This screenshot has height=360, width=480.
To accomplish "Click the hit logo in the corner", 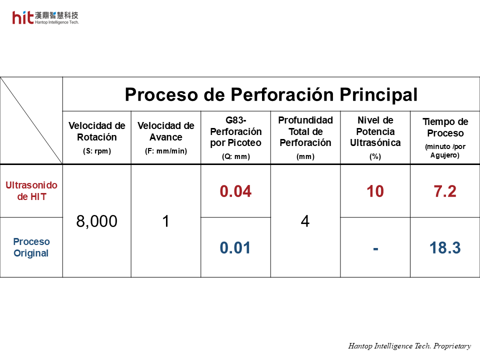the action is coord(45,18).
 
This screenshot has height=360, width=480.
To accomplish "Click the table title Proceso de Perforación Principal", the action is coord(271,94).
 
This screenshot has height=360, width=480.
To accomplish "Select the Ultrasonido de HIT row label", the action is coord(31,190).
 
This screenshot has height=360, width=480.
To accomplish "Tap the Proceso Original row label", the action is coord(31,247).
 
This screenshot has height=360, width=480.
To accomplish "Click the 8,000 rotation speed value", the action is coord(96,221).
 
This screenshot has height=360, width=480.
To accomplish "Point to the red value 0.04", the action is coord(235,191).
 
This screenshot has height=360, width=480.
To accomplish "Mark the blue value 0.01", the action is coord(235,247).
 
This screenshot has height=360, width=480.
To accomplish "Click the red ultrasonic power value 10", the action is coord(375,191).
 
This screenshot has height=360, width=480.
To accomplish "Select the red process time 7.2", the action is coord(445,191).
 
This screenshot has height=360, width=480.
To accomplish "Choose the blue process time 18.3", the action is coord(445,247).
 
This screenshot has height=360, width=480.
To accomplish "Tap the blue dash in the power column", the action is coord(375,249).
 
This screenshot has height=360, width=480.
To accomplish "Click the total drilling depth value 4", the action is coord(305,221).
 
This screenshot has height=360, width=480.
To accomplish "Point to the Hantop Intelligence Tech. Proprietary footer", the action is coord(409,346).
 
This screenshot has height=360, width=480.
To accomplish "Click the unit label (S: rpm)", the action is coord(96,151).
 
